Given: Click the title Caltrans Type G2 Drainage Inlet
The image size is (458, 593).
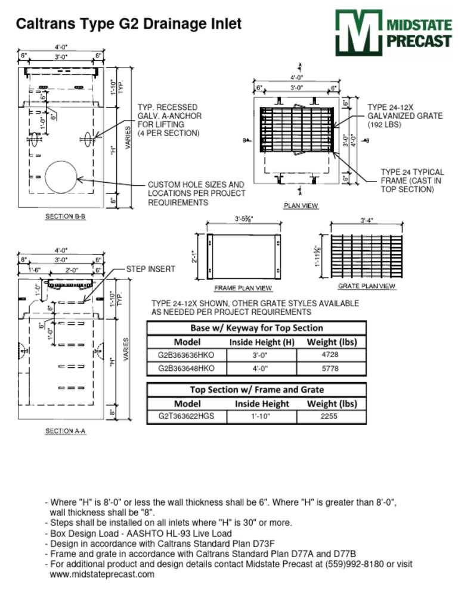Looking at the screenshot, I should pos(129,24).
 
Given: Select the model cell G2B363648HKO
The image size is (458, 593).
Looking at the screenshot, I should pos(186,369).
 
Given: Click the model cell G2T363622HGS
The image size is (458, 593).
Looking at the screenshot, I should pos(186,417).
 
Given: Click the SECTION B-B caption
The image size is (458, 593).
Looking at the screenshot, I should pos(66,217).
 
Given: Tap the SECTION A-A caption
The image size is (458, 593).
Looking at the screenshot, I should pos(66,431).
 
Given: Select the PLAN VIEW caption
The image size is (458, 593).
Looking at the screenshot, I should pos(300,206).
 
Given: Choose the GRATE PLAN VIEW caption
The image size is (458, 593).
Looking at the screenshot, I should pos(367,286).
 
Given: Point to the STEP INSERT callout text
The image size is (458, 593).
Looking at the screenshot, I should pos(150,269).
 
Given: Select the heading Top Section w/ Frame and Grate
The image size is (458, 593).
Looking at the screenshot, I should pos(256,389).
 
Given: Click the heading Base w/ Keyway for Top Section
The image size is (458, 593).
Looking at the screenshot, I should pos(256,328).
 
